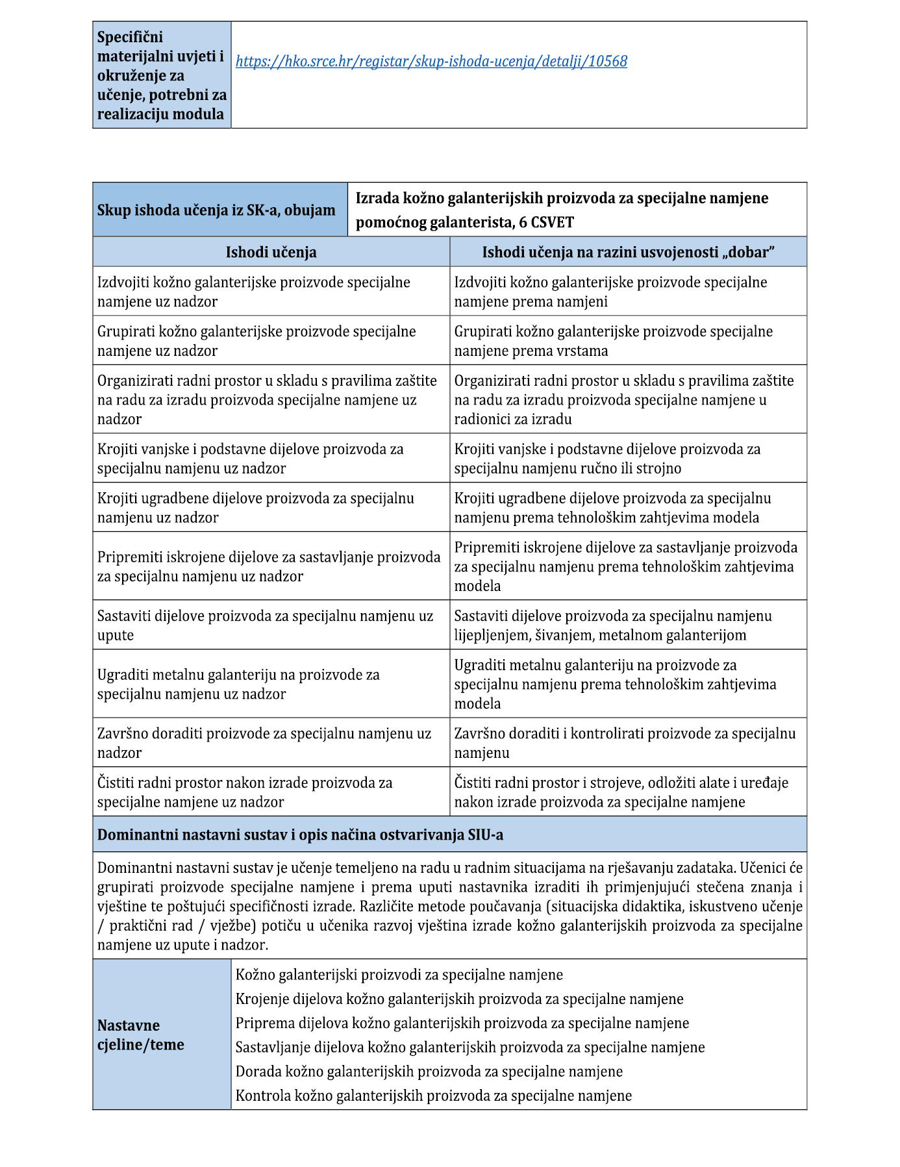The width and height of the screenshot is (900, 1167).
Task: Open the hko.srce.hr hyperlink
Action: point(431,62)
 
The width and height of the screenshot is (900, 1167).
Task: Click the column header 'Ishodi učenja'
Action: point(271,253)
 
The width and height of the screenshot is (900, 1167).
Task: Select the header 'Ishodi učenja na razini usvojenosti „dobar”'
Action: point(628,253)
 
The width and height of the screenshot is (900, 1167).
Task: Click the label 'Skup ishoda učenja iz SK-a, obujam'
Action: point(216,210)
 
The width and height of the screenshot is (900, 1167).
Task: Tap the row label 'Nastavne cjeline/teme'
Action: point(141,1035)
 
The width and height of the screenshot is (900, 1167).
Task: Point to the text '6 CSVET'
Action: point(546,223)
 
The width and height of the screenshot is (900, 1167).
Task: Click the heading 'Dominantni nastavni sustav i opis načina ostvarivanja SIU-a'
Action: point(300,834)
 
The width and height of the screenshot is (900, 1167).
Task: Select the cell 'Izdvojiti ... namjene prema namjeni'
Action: point(610,292)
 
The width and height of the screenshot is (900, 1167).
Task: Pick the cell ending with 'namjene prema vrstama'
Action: point(613,341)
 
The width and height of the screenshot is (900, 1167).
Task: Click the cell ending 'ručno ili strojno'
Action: point(607,458)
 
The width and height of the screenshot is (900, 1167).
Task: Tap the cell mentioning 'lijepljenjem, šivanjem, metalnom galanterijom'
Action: point(613,625)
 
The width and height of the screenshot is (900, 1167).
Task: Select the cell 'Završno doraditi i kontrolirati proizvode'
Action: point(625,743)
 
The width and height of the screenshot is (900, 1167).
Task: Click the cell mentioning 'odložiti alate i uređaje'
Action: point(621,792)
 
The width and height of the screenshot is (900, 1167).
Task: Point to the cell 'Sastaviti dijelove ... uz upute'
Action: point(265,625)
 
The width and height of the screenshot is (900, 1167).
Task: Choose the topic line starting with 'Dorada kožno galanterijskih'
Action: point(429,1072)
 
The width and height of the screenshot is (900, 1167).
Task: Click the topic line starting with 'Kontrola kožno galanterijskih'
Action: point(433,1096)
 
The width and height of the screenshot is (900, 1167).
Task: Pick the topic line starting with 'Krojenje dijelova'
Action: point(459,999)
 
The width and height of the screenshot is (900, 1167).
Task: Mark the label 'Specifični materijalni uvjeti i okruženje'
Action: point(161,75)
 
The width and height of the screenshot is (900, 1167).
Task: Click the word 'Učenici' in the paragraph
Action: point(762,868)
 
